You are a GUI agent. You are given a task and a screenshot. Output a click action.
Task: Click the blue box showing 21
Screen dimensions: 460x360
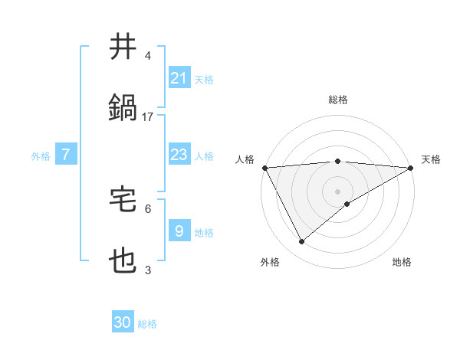pos(179,77)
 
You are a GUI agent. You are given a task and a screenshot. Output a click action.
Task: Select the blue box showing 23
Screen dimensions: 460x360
pos(179,155)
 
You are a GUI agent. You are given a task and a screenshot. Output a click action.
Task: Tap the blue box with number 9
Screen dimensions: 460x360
pos(179,231)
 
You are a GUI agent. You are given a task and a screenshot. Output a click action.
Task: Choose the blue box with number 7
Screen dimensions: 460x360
pos(66,155)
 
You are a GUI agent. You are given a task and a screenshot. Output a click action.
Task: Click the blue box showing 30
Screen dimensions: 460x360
pos(123,322)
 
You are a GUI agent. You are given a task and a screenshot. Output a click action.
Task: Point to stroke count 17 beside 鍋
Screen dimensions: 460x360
pos(148,116)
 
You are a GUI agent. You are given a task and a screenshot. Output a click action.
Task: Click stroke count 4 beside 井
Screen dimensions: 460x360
pos(148,56)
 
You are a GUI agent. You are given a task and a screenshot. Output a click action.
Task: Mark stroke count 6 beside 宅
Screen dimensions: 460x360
pos(148,208)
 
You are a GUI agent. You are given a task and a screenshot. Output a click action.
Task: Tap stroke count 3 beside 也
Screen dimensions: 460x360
pos(148,270)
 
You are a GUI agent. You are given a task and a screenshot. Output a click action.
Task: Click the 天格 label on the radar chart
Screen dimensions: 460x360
pos(431,159)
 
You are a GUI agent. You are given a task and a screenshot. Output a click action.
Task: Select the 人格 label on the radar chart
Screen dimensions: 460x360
pos(245,159)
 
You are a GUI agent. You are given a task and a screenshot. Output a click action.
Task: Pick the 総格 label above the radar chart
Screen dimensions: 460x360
pos(337,100)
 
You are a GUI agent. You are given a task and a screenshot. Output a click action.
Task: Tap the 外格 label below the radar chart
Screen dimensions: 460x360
pos(270,262)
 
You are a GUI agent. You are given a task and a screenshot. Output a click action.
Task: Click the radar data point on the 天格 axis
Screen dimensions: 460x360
pos(411,168)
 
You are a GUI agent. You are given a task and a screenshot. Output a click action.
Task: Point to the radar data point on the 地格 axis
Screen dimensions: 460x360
pos(347,203)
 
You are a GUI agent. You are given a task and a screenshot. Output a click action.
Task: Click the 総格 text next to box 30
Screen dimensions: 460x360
pos(148,324)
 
